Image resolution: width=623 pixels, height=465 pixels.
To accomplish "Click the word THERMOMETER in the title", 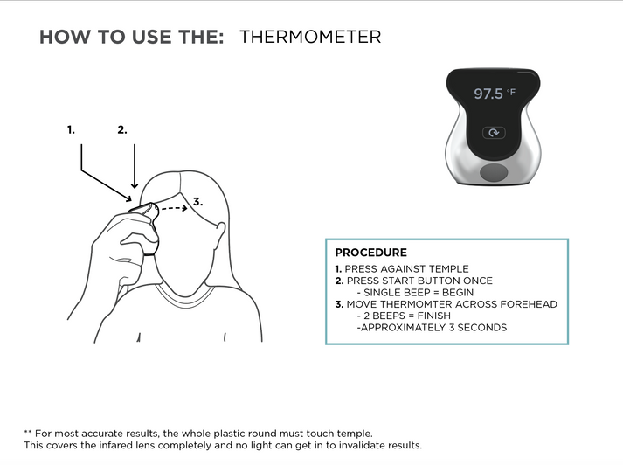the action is pos(310,37).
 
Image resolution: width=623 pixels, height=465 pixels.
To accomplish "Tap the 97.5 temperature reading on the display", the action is pos(488,94).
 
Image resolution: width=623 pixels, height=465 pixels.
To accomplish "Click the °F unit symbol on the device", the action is pos(511,92).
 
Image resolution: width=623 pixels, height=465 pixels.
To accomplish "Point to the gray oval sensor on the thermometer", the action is pos(494,172).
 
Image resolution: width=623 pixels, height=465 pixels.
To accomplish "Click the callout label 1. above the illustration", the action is pos(71,130).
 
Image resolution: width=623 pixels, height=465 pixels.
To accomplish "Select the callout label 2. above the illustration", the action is pos(122,130).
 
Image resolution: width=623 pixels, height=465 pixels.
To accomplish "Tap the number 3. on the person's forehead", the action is pos(197,202).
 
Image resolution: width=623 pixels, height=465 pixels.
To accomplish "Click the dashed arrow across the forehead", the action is pos(174,208).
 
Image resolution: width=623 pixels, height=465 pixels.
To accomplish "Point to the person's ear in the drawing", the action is pos(219,235).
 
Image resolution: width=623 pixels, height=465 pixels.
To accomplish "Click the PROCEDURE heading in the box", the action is pos(371,253).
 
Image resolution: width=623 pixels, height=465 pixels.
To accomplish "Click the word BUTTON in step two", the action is pos(439,281).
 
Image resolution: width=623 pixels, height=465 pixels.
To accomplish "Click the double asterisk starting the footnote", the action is pos(28,432).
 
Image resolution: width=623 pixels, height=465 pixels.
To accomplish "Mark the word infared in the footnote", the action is pos(114,445).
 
